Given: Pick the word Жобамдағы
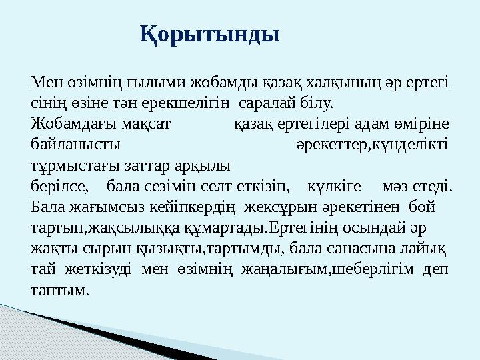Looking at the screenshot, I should point(70,125).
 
